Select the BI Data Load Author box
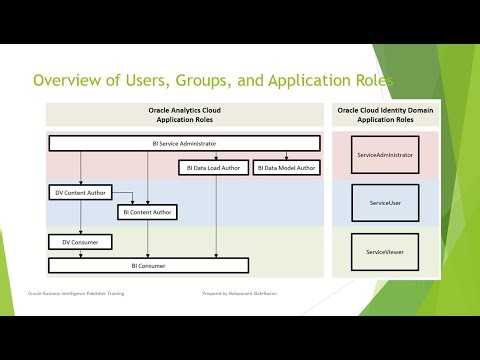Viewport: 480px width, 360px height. tap(213, 168)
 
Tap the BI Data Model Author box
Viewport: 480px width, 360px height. tap(285, 168)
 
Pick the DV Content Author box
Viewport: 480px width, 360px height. tap(79, 192)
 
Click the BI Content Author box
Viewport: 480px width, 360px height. tap(147, 212)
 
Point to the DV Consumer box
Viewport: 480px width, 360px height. tap(79, 242)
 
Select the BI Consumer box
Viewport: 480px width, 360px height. tap(147, 266)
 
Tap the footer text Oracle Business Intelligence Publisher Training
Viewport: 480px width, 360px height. tap(73, 295)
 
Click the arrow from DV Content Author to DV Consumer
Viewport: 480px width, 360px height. tap(79, 216)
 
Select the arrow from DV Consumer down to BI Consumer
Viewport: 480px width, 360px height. tap(79, 254)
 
